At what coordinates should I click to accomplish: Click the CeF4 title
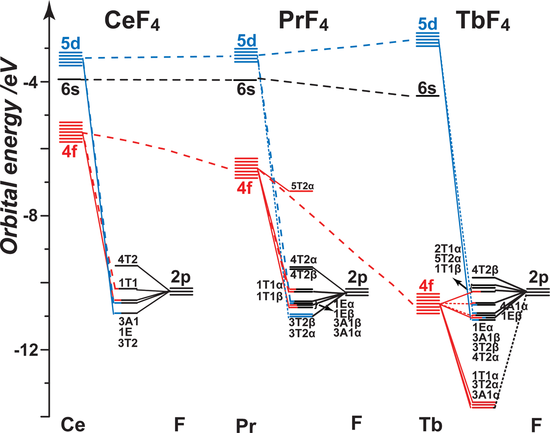pos(132,20)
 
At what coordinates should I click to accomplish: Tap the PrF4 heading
pos(303,20)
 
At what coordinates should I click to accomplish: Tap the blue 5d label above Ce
pos(71,44)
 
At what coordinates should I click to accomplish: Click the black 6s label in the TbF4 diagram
pos(427,88)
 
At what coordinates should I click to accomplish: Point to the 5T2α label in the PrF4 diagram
pos(302,186)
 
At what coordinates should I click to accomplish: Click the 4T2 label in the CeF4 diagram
pos(128,259)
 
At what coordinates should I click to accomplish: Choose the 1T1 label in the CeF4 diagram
pos(128,283)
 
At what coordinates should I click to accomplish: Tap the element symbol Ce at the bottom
pos(73,424)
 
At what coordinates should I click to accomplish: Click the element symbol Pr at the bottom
pos(246,426)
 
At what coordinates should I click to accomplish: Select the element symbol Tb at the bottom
pos(431,424)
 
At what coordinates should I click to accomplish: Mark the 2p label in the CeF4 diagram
pos(180,277)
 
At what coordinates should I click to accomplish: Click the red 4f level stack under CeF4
pos(71,132)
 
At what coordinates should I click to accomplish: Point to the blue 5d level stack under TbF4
pos(427,40)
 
